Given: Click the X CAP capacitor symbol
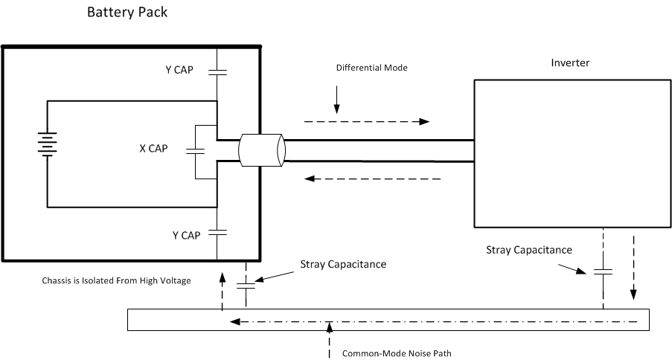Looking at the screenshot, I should pyautogui.click(x=196, y=151).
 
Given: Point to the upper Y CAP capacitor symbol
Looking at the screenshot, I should pyautogui.click(x=217, y=71).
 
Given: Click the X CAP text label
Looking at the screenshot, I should pyautogui.click(x=153, y=148).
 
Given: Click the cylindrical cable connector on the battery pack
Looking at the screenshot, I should pyautogui.click(x=260, y=150).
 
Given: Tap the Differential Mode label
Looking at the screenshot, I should pyautogui.click(x=371, y=68).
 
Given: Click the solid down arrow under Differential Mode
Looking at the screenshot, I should pyautogui.click(x=336, y=98).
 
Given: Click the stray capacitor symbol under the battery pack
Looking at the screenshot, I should pyautogui.click(x=245, y=285).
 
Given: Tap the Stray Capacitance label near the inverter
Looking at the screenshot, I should pyautogui.click(x=528, y=250).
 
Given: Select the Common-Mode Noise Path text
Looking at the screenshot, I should pyautogui.click(x=396, y=353).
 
